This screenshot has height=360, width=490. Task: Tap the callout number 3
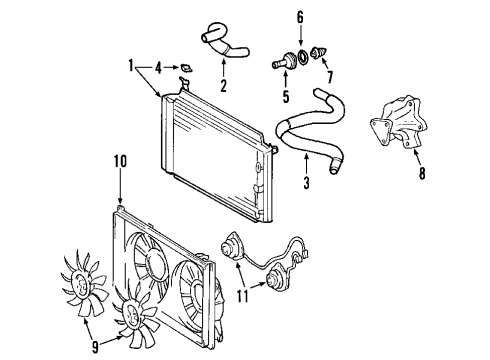coord(307,182)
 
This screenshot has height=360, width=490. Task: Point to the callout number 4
coord(156,68)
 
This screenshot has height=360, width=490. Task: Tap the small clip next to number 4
coord(183,68)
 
